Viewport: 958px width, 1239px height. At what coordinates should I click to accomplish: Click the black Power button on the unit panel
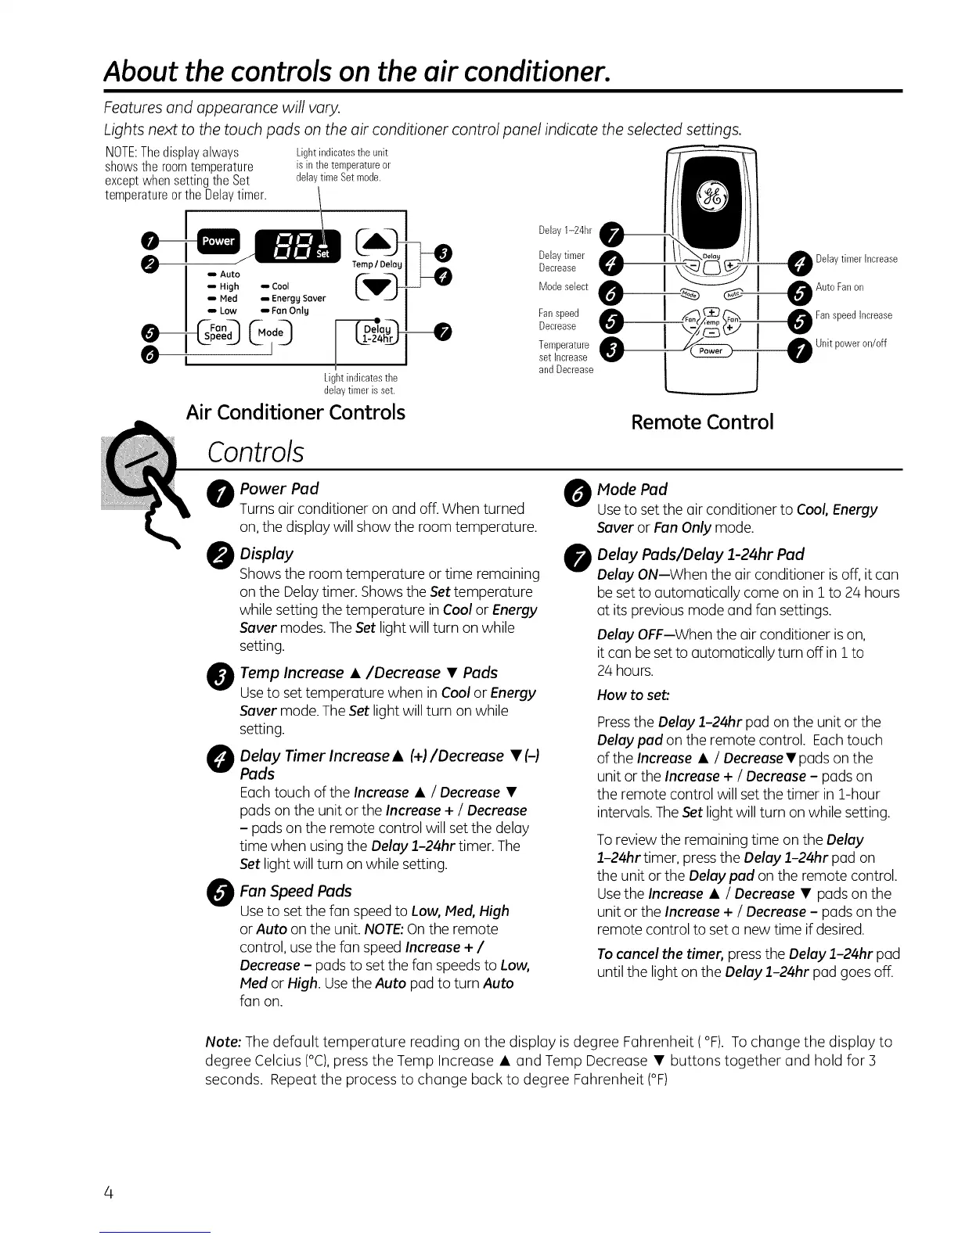point(218,241)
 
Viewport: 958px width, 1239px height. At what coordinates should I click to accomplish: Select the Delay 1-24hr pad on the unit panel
point(376,333)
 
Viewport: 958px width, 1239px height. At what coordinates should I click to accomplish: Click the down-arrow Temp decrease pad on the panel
point(376,289)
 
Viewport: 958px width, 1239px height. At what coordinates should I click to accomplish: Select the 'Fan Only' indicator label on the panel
point(290,311)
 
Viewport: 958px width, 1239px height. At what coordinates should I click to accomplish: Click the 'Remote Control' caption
point(702,422)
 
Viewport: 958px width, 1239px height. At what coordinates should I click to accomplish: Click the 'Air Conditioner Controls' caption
point(296,412)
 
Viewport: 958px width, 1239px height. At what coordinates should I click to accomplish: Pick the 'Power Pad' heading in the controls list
point(279,489)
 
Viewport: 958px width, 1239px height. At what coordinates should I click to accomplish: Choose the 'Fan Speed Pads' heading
point(295,891)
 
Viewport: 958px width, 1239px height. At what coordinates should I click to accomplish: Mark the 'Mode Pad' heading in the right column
point(632,490)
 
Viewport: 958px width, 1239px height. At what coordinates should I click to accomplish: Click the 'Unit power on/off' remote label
point(850,343)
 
